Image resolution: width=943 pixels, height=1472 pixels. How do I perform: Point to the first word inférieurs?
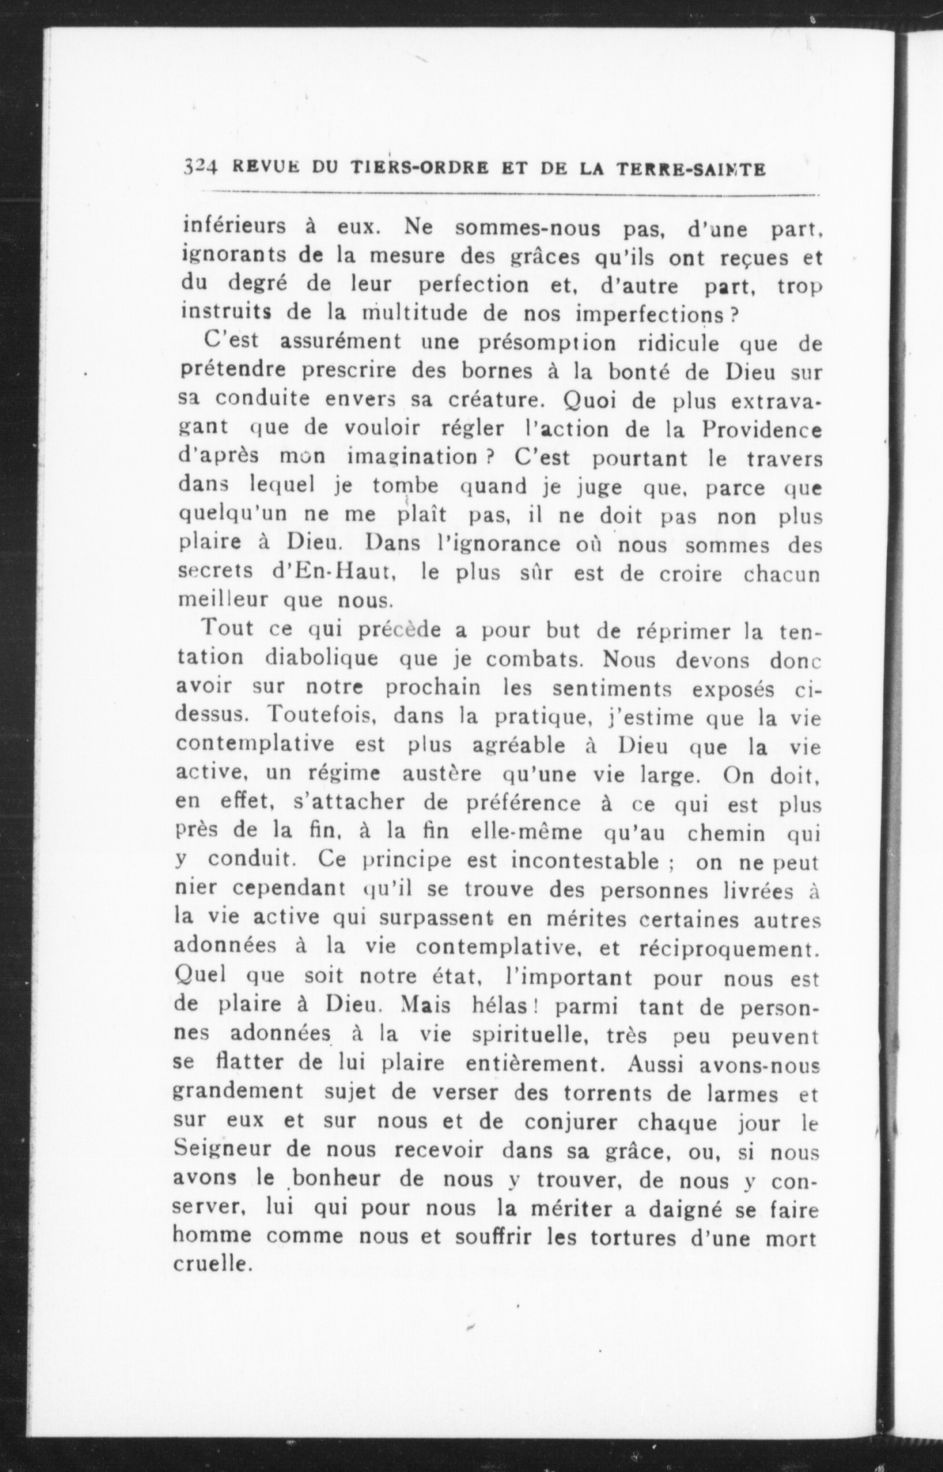point(235,227)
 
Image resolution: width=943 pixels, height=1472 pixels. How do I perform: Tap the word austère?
point(441,774)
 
